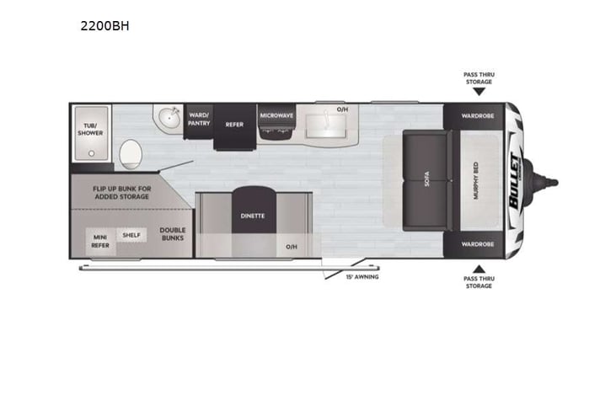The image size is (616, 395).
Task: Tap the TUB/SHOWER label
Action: click(x=90, y=128)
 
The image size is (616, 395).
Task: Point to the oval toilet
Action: click(x=131, y=154)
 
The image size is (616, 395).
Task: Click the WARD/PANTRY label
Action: click(x=199, y=119)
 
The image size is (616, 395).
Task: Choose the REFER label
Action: click(x=234, y=124)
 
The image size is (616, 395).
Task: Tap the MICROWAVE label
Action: click(x=276, y=115)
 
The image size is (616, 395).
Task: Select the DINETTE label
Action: click(x=253, y=216)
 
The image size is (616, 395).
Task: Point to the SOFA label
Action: click(x=428, y=180)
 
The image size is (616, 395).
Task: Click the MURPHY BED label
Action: click(x=476, y=180)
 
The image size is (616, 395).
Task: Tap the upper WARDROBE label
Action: click(x=478, y=115)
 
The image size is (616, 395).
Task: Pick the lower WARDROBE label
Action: click(x=478, y=244)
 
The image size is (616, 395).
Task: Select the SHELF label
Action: click(x=131, y=235)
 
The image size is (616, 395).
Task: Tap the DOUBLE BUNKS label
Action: click(x=173, y=233)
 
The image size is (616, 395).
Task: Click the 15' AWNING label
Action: click(x=362, y=276)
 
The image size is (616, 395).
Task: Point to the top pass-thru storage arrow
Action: click(x=479, y=93)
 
